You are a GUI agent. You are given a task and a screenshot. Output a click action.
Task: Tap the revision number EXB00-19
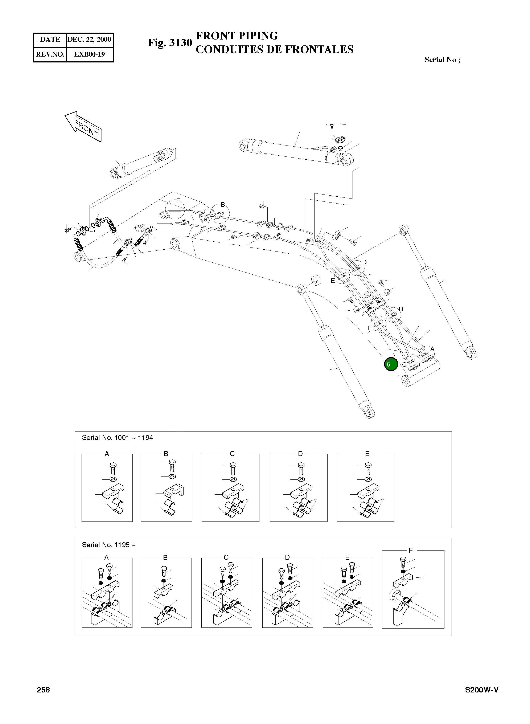point(90,54)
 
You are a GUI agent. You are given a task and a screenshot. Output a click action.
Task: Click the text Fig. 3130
point(170,43)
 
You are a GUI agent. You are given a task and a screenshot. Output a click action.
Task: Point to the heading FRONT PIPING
point(237,36)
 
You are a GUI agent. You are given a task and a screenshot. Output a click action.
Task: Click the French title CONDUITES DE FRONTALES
point(274,49)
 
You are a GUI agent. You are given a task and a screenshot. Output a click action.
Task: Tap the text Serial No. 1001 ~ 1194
point(118,438)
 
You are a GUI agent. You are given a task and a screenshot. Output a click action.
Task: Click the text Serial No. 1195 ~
point(108,545)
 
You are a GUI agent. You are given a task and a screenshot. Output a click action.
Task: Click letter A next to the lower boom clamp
point(432,349)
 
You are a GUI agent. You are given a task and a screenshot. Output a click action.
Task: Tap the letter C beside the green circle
point(404,365)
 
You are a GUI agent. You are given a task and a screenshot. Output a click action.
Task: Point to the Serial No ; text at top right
point(442,60)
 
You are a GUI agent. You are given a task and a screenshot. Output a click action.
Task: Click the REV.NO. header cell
point(50,54)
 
